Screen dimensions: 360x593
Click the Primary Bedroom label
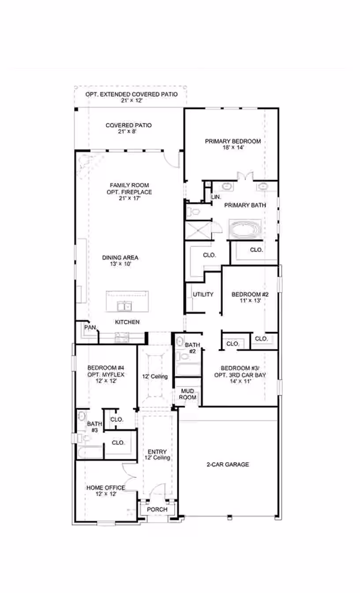(233, 141)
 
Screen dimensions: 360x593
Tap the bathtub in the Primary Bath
(245, 229)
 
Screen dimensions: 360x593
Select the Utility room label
(203, 294)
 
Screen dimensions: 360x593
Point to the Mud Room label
(187, 394)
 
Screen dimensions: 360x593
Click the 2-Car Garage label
(228, 464)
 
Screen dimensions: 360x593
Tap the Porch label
(157, 510)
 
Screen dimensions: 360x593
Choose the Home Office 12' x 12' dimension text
(106, 494)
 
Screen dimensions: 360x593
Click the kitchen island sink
(124, 306)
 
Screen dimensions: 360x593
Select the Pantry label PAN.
(90, 327)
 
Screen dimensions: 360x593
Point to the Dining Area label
(120, 258)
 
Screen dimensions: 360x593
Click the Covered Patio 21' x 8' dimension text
(127, 131)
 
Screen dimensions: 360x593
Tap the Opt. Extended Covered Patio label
(131, 94)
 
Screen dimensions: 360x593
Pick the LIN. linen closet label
(216, 197)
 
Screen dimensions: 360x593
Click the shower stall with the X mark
(198, 230)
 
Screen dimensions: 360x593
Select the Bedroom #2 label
(250, 294)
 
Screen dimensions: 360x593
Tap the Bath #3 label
(94, 427)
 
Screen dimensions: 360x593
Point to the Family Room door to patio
(172, 159)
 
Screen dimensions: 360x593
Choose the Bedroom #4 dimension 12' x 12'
(106, 381)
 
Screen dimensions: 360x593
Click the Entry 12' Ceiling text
(157, 454)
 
